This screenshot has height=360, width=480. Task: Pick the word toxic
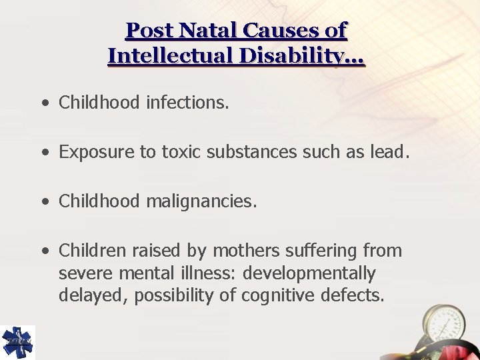[x=180, y=153]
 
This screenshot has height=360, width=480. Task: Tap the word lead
[x=387, y=153]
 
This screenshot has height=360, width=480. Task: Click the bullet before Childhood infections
[x=44, y=103]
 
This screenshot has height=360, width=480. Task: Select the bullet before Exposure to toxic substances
[x=44, y=153]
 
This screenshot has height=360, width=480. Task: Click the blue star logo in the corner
[x=17, y=342]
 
